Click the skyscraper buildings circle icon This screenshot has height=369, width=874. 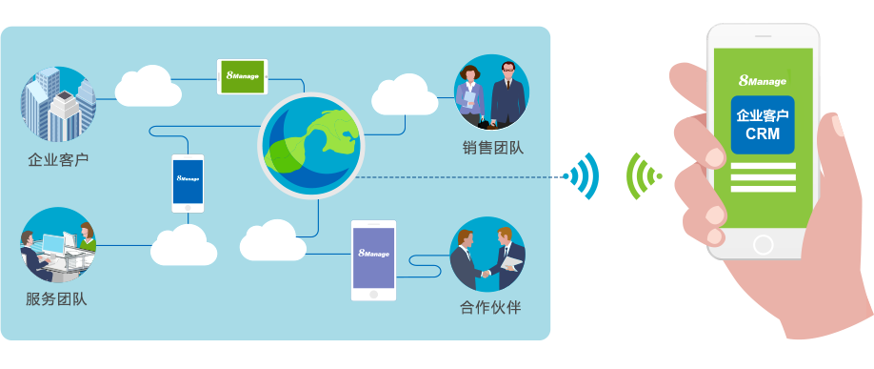(x=58, y=104)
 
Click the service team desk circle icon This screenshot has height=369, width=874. (x=58, y=245)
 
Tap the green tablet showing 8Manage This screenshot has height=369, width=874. (x=242, y=76)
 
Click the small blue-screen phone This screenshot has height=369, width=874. (x=188, y=182)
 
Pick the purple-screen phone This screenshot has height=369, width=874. (x=373, y=259)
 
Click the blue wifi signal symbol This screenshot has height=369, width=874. (x=584, y=176)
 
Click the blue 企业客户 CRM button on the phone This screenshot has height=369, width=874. (x=763, y=125)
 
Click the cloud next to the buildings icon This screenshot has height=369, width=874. (x=149, y=86)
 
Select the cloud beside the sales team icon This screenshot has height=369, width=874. (x=404, y=92)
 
